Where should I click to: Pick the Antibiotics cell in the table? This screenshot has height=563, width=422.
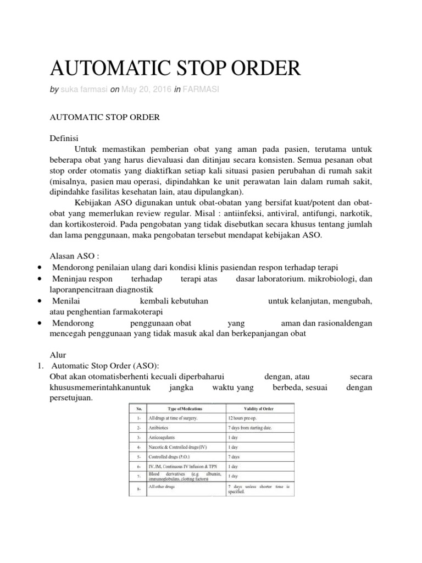tap(162, 427)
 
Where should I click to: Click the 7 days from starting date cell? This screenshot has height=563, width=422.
tap(249, 427)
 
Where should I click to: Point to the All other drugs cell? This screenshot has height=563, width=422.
tap(163, 486)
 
